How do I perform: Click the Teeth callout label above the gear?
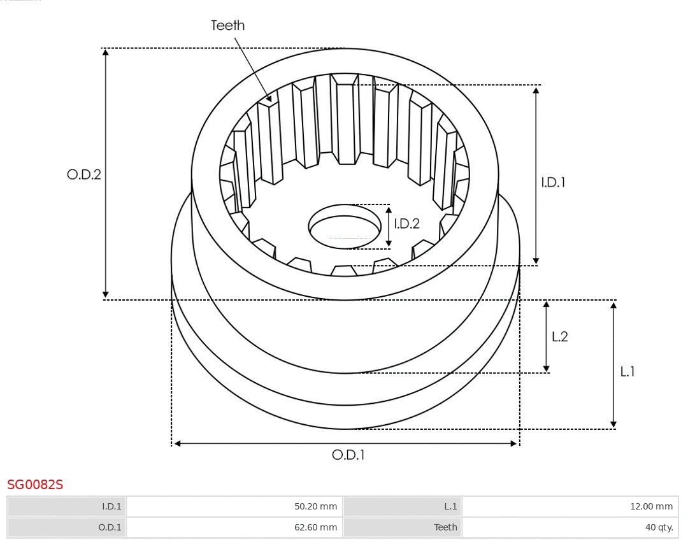[227, 25]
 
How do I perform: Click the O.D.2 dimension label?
[84, 175]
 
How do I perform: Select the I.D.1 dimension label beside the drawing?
[553, 182]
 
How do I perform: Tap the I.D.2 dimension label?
[406, 224]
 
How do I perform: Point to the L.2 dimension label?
[559, 337]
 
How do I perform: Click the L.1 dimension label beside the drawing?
[627, 372]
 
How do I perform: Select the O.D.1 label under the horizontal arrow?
[348, 455]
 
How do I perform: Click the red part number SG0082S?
[35, 485]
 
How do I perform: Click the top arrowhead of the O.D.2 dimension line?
[106, 52]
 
